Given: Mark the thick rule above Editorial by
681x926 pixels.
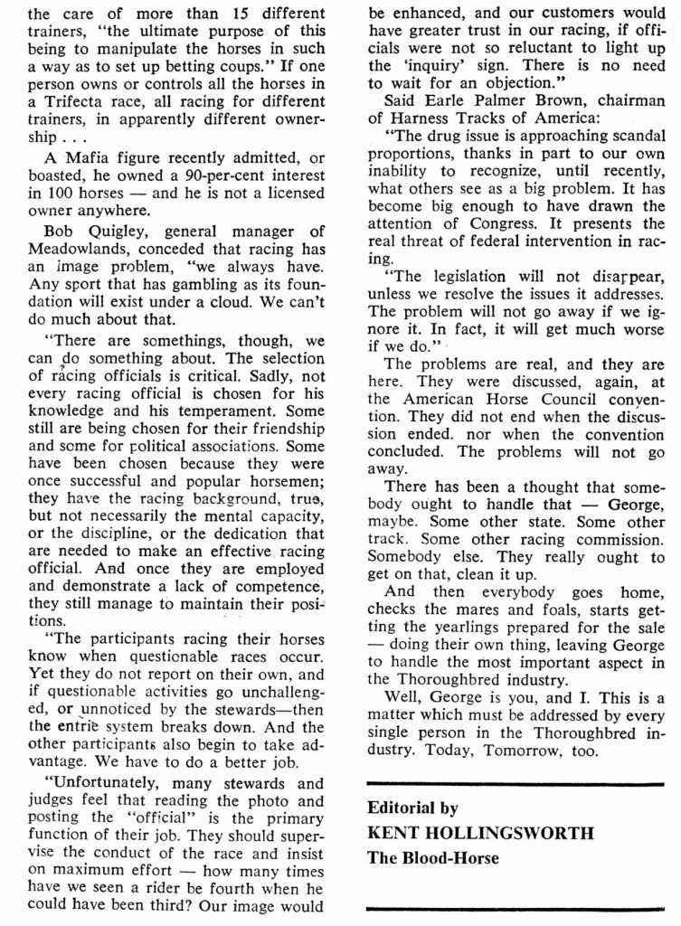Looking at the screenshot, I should click(x=515, y=784).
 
